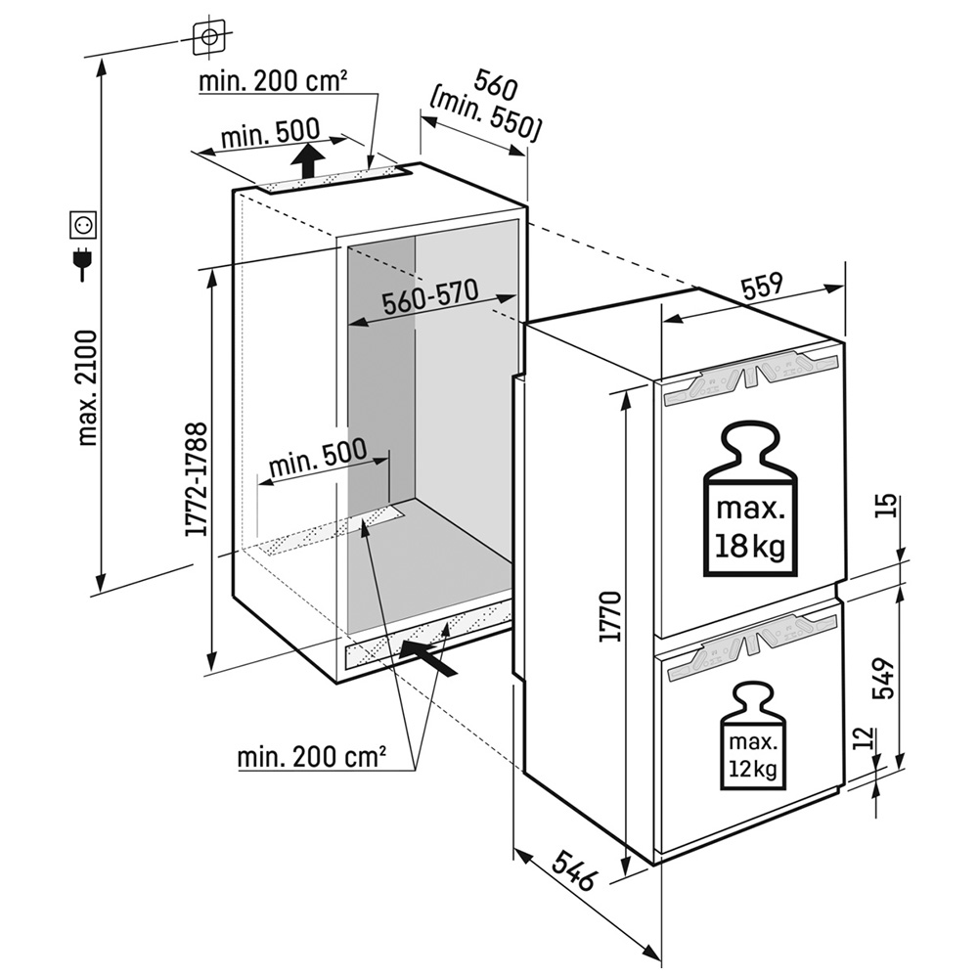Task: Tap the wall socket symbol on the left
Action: [85, 226]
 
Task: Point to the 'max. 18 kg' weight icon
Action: [750, 500]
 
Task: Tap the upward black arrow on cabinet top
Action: [308, 159]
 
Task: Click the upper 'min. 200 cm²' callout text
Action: [273, 81]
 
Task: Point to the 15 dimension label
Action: [886, 506]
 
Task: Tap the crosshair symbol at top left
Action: [209, 38]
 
